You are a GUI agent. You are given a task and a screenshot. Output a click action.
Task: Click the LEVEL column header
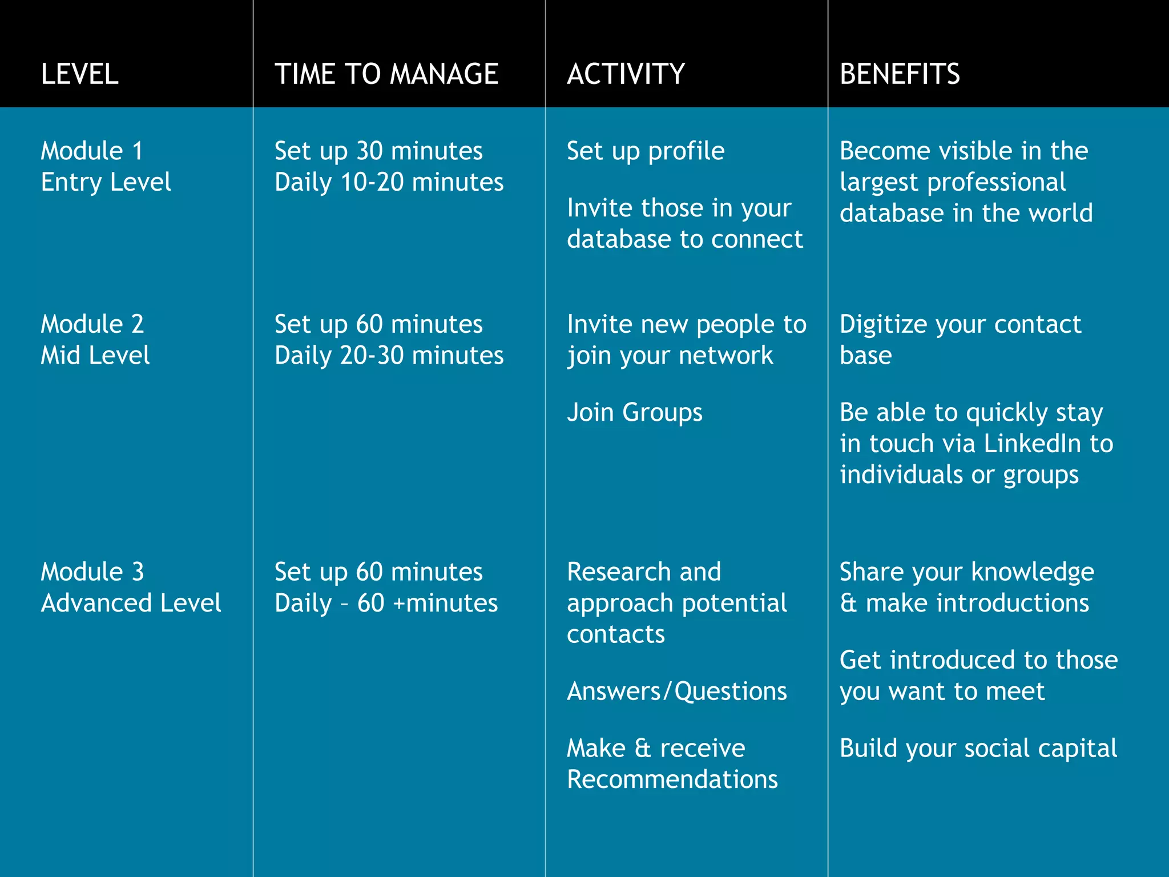click(x=80, y=74)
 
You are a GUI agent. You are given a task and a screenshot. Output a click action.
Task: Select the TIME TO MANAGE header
click(x=386, y=74)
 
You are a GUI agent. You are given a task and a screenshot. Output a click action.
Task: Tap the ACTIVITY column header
click(x=626, y=74)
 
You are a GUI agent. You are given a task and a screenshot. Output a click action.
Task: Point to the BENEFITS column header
click(x=900, y=74)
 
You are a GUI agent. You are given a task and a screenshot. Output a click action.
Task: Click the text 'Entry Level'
click(x=106, y=183)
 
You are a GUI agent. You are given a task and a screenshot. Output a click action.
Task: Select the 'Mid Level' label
click(x=95, y=356)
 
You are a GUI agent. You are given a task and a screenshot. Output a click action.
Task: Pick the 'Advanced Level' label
click(x=131, y=604)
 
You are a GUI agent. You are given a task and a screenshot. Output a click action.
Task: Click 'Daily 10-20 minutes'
click(x=389, y=183)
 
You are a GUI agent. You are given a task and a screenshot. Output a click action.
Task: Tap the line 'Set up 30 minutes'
click(x=378, y=151)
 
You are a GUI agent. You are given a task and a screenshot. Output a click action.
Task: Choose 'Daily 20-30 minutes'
click(x=389, y=356)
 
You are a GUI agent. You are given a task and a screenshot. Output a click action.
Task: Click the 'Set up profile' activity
click(x=646, y=151)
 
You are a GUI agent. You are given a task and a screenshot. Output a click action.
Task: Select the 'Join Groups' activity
click(x=634, y=412)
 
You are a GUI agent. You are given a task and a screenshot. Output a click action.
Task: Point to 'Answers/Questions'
click(x=677, y=691)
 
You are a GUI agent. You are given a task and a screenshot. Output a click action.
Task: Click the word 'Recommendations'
click(x=672, y=780)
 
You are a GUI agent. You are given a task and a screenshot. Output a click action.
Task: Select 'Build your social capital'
click(x=978, y=749)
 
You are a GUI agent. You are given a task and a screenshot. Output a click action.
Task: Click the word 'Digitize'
click(x=884, y=325)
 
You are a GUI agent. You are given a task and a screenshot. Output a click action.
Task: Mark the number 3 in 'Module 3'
click(x=138, y=572)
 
